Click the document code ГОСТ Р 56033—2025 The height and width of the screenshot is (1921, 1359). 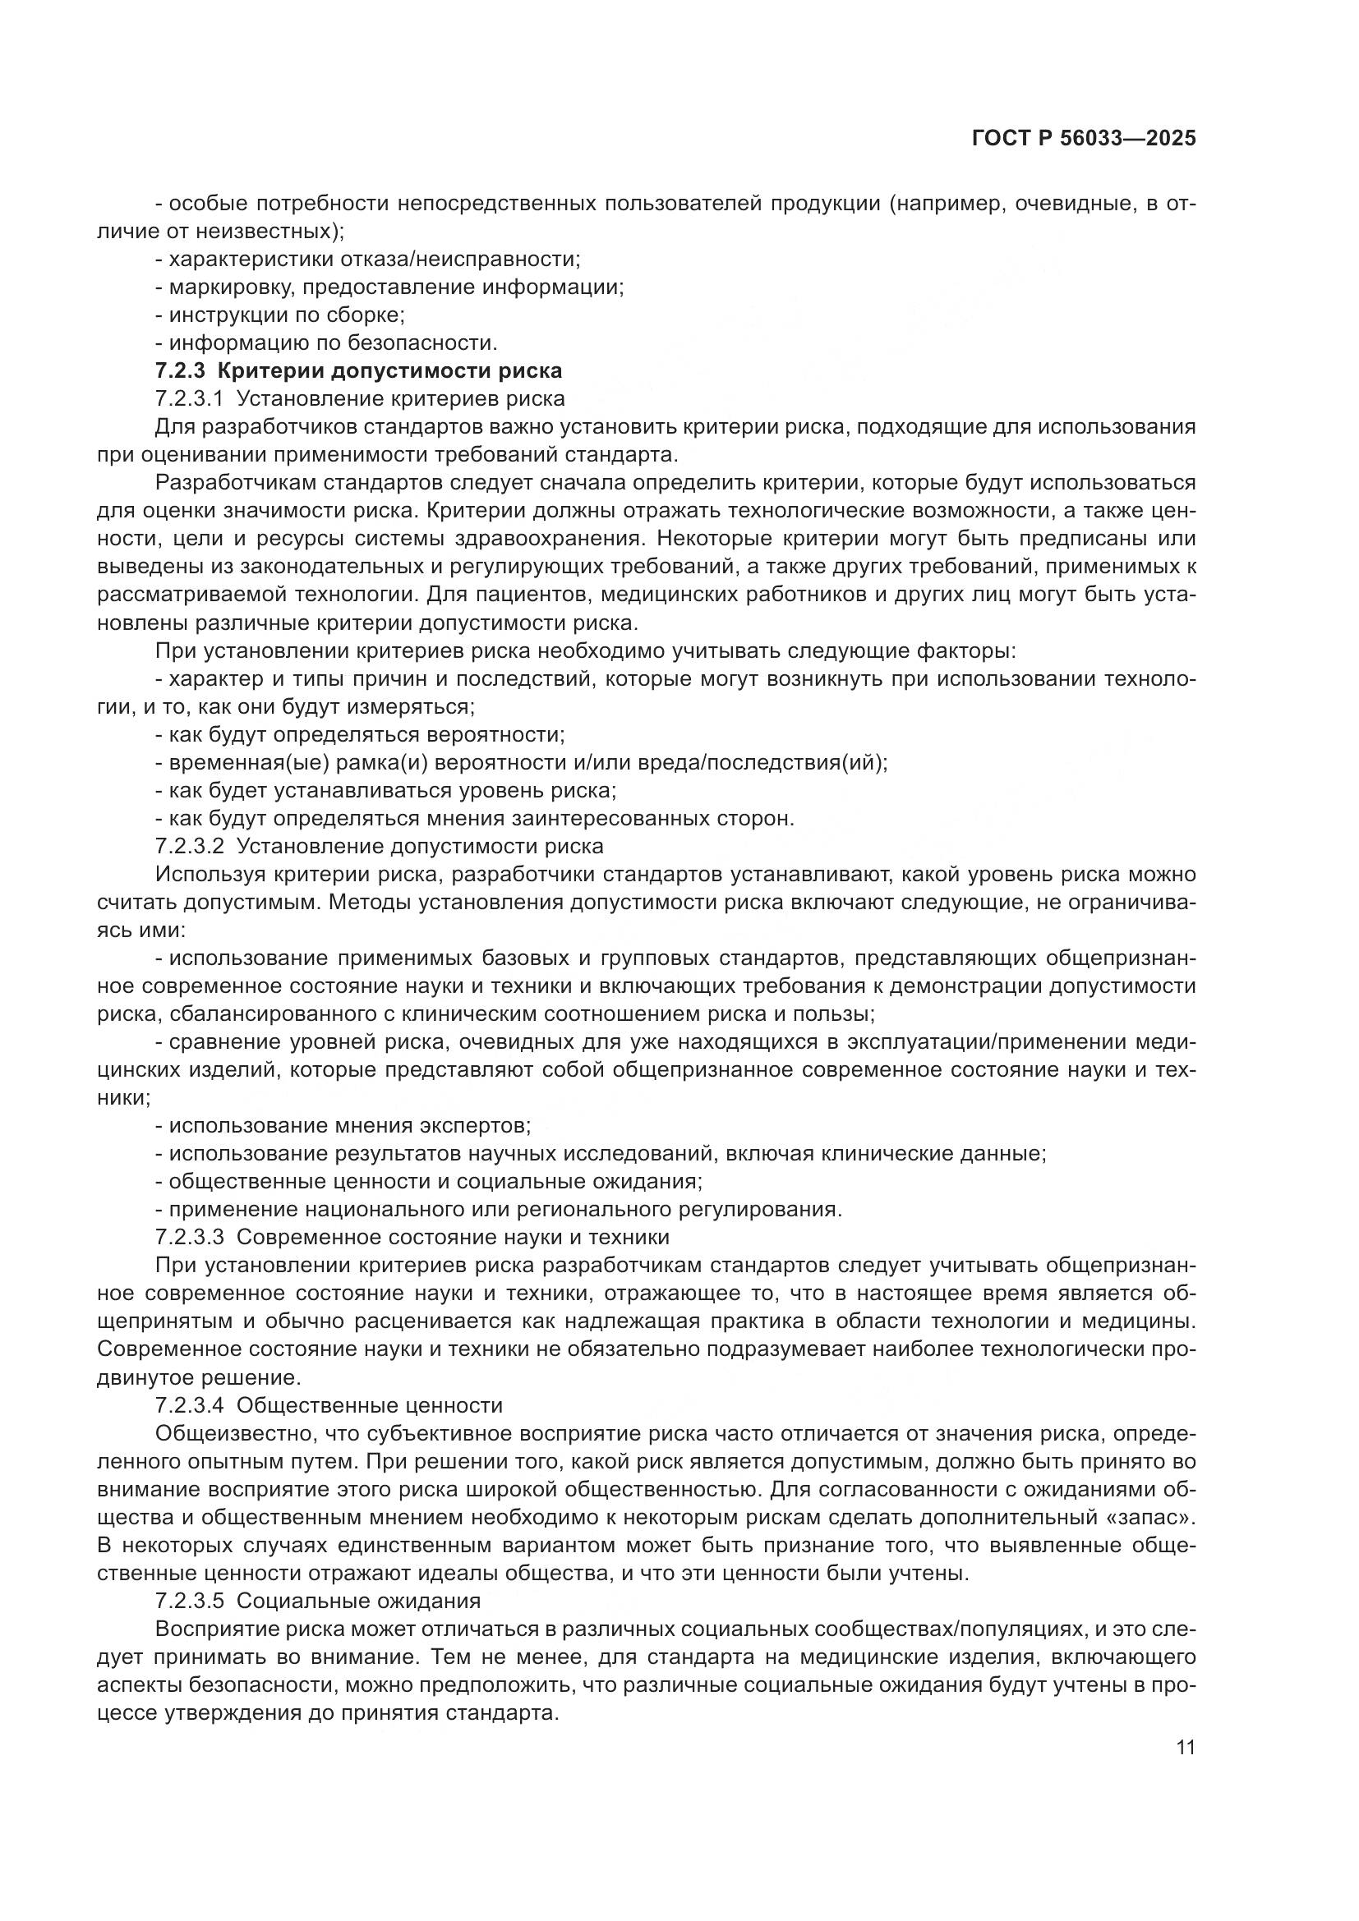coord(1083,139)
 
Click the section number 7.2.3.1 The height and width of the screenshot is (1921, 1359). coord(189,398)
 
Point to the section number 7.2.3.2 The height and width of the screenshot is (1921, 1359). coord(189,846)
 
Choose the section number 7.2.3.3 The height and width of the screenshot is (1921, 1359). coord(189,1237)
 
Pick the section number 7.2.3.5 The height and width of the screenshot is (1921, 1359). coord(189,1601)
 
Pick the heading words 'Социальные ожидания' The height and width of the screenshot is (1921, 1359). coord(358,1601)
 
